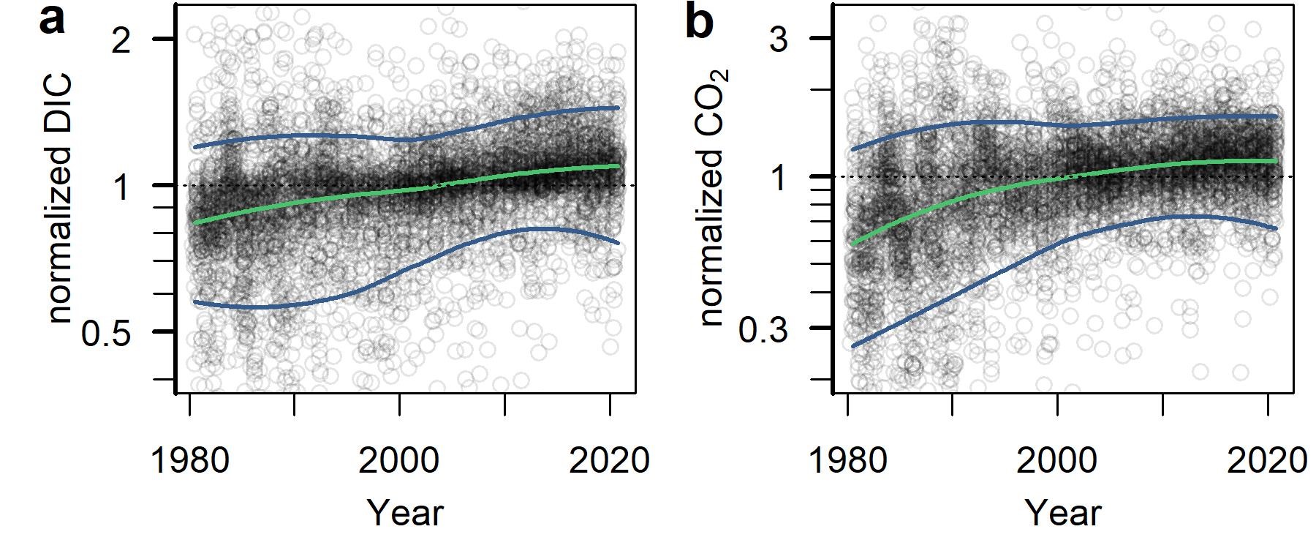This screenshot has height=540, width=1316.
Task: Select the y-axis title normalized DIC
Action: [x=61, y=198]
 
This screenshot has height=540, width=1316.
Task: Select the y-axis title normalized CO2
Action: [x=711, y=198]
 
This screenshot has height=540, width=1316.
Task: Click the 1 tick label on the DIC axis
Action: [x=122, y=187]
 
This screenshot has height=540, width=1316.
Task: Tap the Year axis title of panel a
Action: [x=404, y=512]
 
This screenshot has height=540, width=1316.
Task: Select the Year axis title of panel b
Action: [x=1062, y=512]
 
